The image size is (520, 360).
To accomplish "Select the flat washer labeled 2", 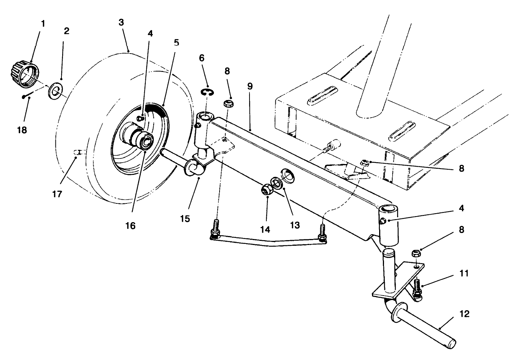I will click(55, 90).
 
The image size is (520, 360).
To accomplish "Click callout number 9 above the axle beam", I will click(250, 87).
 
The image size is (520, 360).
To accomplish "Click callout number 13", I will click(294, 224).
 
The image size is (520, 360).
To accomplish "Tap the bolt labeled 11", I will click(417, 288).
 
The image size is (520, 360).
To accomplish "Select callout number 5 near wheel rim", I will click(176, 42).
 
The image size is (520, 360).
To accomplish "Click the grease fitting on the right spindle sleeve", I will click(383, 221).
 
